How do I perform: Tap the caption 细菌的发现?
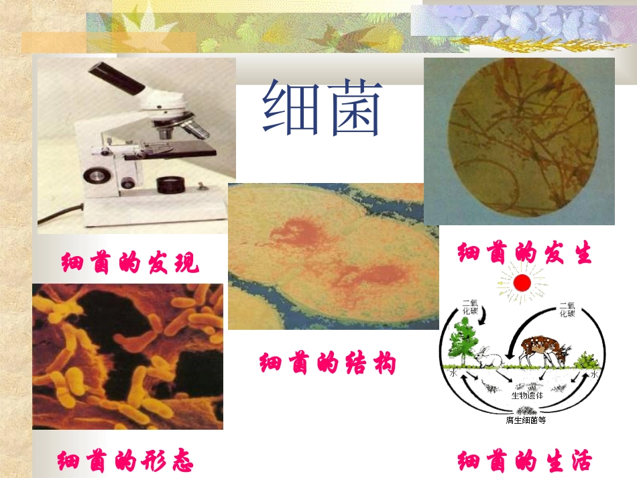(130, 263)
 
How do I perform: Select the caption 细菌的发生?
(525, 253)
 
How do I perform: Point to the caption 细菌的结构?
(328, 363)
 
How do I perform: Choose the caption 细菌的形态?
(125, 461)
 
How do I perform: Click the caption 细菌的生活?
(525, 461)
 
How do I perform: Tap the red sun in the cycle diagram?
(522, 283)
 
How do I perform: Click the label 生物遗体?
(526, 396)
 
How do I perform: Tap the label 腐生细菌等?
(526, 420)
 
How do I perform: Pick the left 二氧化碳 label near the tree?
(469, 308)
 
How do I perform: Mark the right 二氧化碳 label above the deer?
(567, 308)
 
